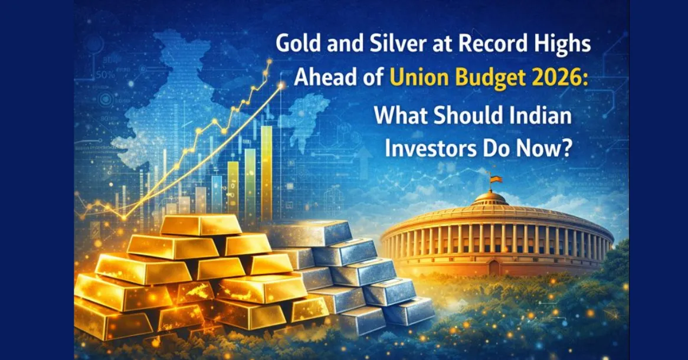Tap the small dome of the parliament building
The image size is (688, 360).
[489, 198]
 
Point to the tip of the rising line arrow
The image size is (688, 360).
[281, 84]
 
